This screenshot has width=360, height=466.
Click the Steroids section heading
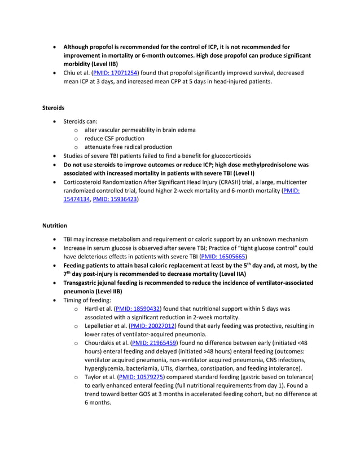(x=53, y=107)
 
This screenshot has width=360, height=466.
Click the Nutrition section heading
(x=55, y=226)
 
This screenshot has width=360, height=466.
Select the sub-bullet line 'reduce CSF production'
(x=114, y=138)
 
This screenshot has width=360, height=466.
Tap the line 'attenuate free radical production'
(x=128, y=147)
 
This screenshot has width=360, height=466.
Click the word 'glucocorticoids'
(x=227, y=156)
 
